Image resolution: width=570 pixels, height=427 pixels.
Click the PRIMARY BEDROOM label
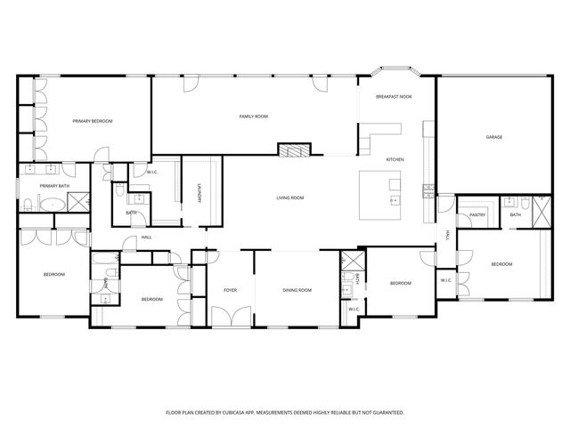pyautogui.click(x=93, y=120)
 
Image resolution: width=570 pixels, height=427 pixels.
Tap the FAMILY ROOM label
pyautogui.click(x=254, y=117)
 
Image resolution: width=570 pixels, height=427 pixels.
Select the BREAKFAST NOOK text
pyautogui.click(x=394, y=96)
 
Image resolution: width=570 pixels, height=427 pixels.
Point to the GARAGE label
pyautogui.click(x=493, y=137)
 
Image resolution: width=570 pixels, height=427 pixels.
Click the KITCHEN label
pyautogui.click(x=395, y=159)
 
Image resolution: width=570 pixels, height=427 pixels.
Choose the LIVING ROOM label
pyautogui.click(x=290, y=197)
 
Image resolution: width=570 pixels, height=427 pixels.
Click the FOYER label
pyautogui.click(x=230, y=290)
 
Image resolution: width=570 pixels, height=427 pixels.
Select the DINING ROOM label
pyautogui.click(x=297, y=290)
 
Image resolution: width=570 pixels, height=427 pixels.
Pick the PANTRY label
pyautogui.click(x=477, y=214)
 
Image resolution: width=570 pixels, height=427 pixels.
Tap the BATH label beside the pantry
pyautogui.click(x=516, y=214)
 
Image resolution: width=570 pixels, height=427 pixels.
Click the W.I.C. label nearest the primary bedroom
pyautogui.click(x=141, y=172)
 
